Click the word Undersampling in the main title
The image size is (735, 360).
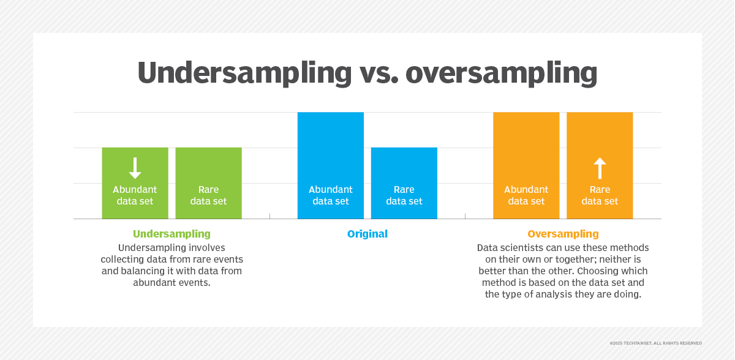(x=245, y=73)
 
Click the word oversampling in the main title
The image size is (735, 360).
(x=502, y=73)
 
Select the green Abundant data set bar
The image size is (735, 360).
(x=135, y=183)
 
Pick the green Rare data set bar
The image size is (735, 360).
(x=209, y=183)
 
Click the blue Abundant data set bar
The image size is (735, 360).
(x=331, y=165)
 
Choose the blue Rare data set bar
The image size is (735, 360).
(x=404, y=183)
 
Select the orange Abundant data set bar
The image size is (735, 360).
(x=526, y=165)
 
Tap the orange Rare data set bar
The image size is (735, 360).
(x=600, y=165)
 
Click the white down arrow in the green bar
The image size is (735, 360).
(x=135, y=168)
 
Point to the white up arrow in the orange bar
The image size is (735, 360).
(x=600, y=168)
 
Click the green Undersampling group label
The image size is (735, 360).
(x=171, y=234)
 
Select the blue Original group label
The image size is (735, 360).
(x=367, y=234)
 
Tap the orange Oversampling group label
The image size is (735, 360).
(x=563, y=234)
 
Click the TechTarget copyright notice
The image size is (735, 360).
(x=656, y=343)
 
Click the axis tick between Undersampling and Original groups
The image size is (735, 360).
(x=269, y=216)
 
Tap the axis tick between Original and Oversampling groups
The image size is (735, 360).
(x=465, y=216)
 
